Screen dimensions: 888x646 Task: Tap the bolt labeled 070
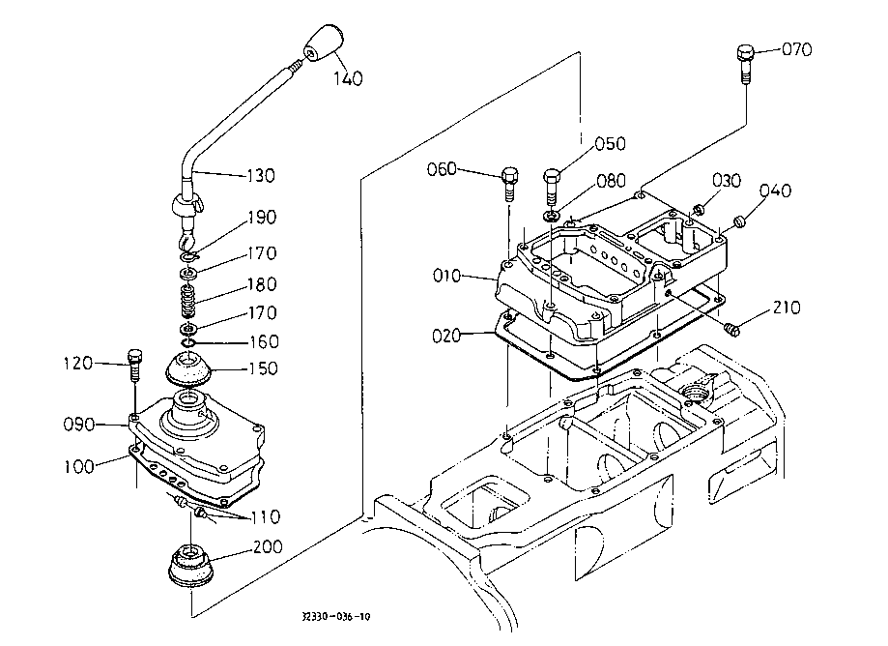pyautogui.click(x=745, y=65)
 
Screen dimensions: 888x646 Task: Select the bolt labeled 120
pyautogui.click(x=134, y=366)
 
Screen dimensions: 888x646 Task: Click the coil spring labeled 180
pyautogui.click(x=188, y=301)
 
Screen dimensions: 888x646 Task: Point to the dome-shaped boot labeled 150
pyautogui.click(x=189, y=367)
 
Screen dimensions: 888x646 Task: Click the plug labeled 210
pyautogui.click(x=731, y=329)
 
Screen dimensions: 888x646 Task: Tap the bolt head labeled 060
pyautogui.click(x=509, y=174)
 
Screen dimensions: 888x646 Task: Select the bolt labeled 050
pyautogui.click(x=553, y=187)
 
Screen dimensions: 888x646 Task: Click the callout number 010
pyautogui.click(x=446, y=276)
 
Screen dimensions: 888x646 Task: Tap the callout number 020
pyautogui.click(x=446, y=336)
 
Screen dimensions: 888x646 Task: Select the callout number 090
pyautogui.click(x=78, y=425)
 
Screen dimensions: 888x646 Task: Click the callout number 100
pyautogui.click(x=78, y=467)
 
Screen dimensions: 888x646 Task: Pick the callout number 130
pyautogui.click(x=261, y=176)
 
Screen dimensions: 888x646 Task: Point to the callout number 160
pyautogui.click(x=264, y=341)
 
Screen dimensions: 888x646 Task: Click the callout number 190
pyautogui.click(x=262, y=217)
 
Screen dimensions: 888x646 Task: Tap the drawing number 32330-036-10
pyautogui.click(x=336, y=617)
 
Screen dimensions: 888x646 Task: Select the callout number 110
pyautogui.click(x=265, y=516)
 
